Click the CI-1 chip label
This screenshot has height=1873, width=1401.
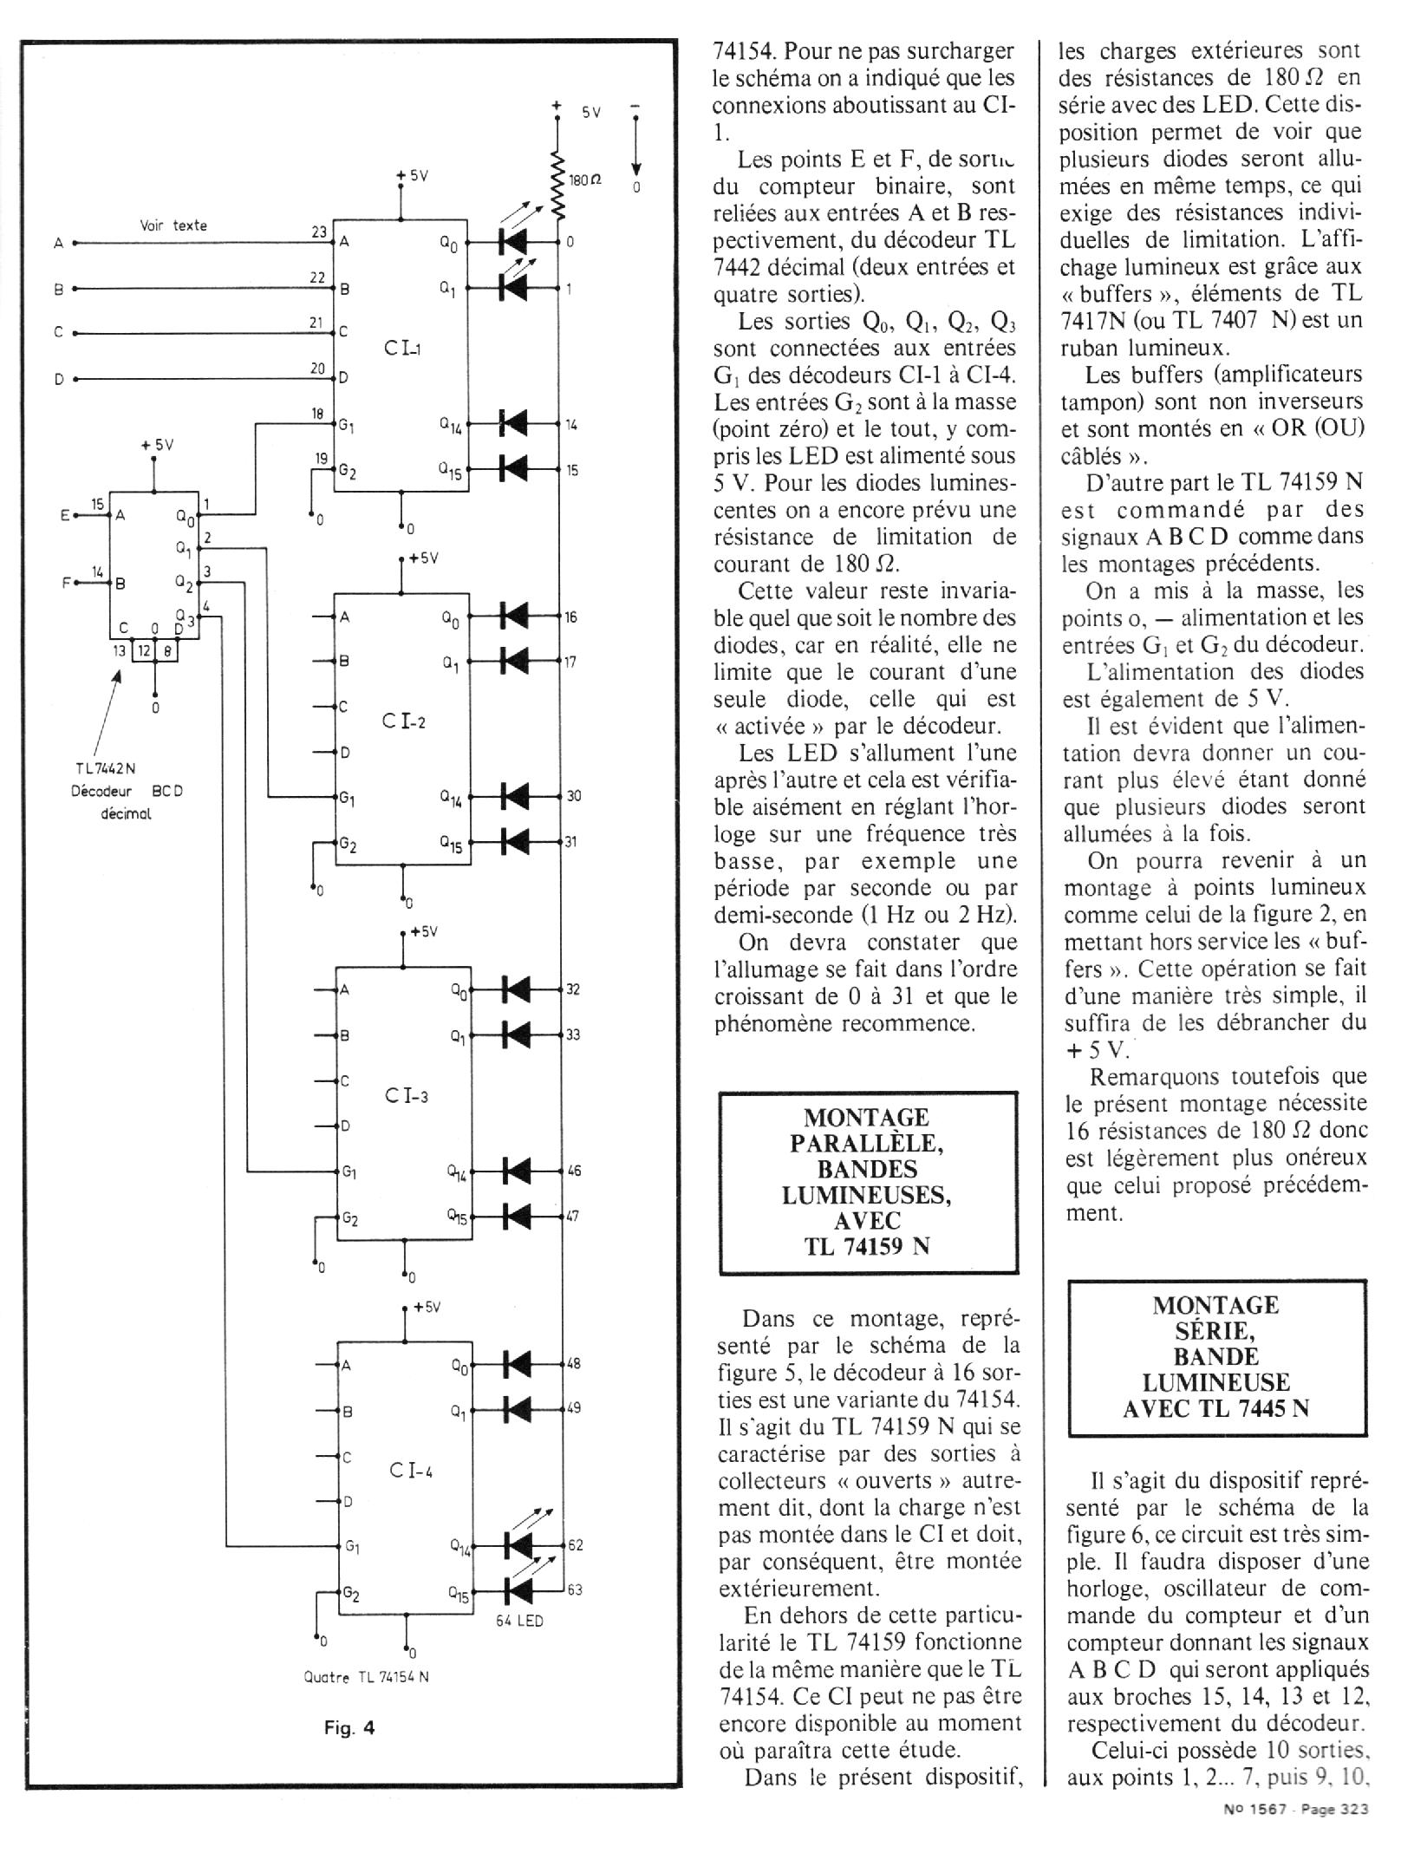pos(401,349)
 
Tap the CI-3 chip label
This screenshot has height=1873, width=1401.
pos(406,1095)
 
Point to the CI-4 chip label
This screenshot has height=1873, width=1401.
pos(410,1469)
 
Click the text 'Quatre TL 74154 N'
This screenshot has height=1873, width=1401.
pos(366,1676)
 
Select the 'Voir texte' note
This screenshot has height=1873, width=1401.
pos(173,225)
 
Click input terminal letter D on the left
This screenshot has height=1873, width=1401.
pos(59,379)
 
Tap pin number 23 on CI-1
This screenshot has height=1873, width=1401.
pos(319,232)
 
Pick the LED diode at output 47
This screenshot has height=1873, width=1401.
pos(517,1217)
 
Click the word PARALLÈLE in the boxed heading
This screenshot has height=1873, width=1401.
pos(866,1143)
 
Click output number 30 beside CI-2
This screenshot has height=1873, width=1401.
pos(573,795)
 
